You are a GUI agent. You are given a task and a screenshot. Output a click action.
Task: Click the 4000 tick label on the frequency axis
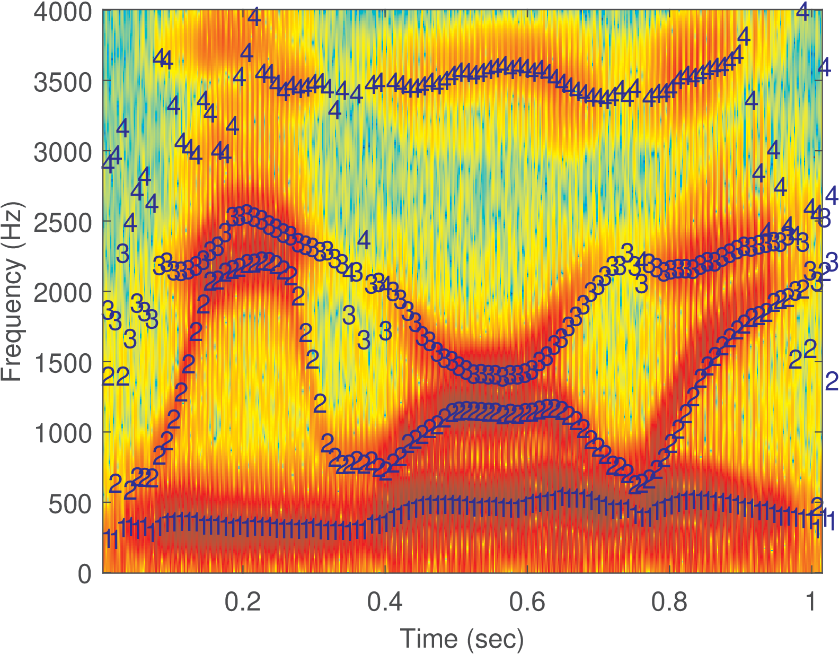coord(63,12)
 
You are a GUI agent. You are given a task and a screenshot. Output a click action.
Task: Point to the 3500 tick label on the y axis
coord(63,82)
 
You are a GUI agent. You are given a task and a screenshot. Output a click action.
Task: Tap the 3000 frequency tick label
coord(63,153)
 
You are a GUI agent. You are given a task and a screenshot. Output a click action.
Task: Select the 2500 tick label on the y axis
coord(63,223)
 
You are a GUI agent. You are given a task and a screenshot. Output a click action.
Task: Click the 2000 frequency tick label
coord(63,293)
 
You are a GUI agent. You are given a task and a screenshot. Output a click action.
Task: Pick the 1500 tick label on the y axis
coord(63,363)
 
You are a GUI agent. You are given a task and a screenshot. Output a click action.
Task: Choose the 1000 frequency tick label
coord(63,433)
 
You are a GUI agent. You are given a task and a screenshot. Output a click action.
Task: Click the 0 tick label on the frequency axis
coord(85,574)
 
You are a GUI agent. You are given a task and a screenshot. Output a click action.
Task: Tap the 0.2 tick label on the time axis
coord(242,603)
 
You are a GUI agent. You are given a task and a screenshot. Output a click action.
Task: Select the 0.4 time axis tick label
coord(385,603)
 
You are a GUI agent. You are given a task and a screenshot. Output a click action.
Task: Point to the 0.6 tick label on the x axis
coord(527,603)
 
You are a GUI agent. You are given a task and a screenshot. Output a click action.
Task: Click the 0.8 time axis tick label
coord(669,603)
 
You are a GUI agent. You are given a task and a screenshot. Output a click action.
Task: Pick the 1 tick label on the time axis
coord(811,603)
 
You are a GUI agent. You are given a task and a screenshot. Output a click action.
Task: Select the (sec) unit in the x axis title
coord(496,639)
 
